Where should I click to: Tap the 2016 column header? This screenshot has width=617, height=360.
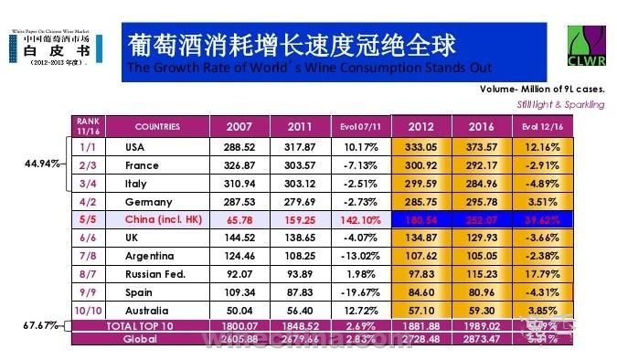(x=482, y=126)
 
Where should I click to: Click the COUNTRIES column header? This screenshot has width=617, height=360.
(x=157, y=126)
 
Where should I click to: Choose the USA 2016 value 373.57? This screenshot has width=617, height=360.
(x=482, y=146)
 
